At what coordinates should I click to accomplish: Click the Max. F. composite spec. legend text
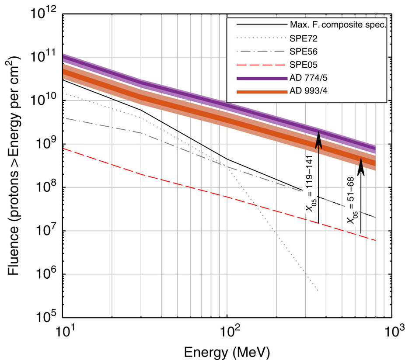tap(338, 24)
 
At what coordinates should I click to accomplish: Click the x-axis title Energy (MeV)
tap(227, 351)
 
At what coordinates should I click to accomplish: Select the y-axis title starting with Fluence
tap(13, 166)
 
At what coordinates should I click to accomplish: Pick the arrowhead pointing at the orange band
tap(361, 166)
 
